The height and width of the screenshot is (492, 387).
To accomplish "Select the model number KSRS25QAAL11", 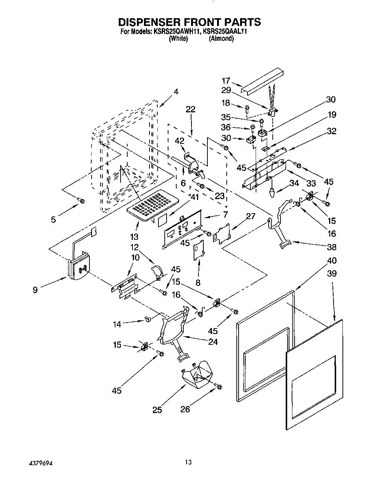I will pos(225,32).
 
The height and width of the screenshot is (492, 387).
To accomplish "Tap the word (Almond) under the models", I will pos(221,39).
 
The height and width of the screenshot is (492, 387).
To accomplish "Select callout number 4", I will pos(176,92).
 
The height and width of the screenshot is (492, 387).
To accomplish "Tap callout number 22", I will pos(191,109).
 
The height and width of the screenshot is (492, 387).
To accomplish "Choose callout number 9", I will pos(35,290).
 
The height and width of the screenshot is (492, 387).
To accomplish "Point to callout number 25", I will pos(157,410).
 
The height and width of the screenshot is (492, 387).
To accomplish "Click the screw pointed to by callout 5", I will pos(81,201).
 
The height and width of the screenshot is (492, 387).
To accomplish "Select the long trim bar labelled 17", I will pos(260,82).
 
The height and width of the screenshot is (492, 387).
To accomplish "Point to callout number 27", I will pos(251,216).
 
